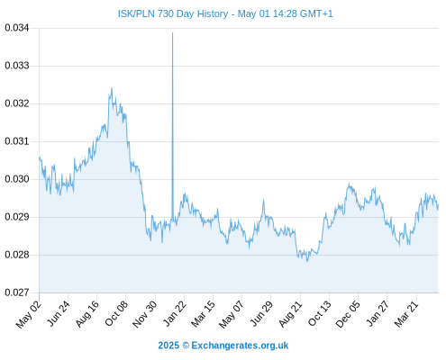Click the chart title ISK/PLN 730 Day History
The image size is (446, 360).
(x=173, y=13)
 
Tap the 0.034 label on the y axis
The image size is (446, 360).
(x=17, y=28)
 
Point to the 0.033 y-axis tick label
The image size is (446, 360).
(x=17, y=66)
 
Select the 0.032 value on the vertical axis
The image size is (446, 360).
(x=17, y=103)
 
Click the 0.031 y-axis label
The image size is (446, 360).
(x=17, y=141)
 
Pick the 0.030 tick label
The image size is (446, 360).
(x=17, y=179)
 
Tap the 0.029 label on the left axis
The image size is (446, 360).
(x=17, y=217)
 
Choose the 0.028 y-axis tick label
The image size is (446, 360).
(x=17, y=255)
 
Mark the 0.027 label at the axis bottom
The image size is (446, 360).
(x=17, y=292)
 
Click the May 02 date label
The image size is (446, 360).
(x=29, y=314)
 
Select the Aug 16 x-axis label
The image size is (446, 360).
(x=87, y=313)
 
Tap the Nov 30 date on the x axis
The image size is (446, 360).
(x=145, y=314)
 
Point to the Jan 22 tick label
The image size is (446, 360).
(x=175, y=313)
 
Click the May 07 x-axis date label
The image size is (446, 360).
(x=232, y=314)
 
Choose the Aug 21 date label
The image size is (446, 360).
(x=290, y=313)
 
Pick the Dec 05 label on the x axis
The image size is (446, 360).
(x=348, y=314)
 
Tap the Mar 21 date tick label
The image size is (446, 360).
(x=406, y=313)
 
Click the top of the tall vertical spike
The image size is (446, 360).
(x=172, y=32)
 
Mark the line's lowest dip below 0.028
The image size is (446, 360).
(x=307, y=261)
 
